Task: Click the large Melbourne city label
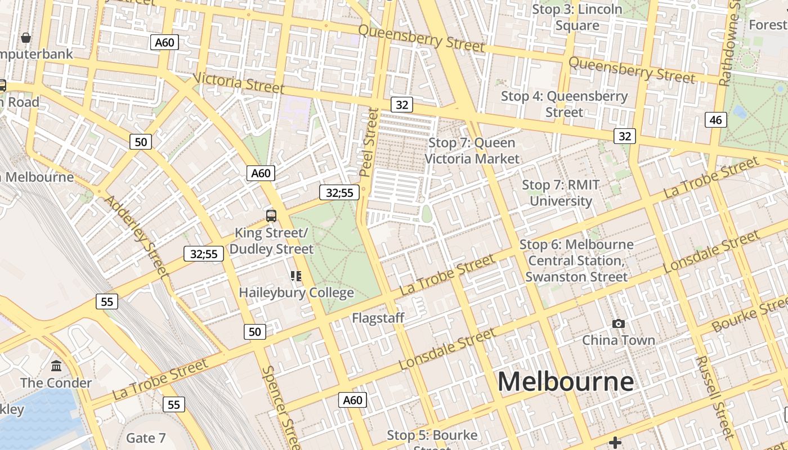565,382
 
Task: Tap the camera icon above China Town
618,323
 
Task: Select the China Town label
618,340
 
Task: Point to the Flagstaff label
378,318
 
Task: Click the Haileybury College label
296,292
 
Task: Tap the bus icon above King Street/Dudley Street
271,215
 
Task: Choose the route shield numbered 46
715,120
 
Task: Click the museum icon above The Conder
56,366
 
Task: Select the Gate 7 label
146,438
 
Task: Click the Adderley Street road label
137,236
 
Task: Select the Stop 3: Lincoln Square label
577,17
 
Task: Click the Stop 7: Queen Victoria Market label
472,151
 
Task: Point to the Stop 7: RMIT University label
561,193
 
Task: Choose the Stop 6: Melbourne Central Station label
576,260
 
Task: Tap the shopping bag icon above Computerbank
26,38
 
